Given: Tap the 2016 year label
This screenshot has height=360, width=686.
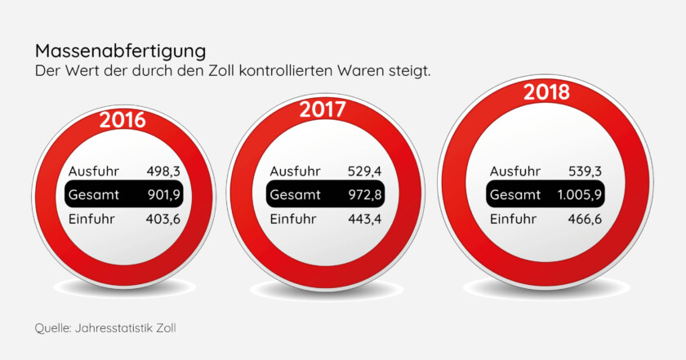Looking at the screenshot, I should coord(122,121).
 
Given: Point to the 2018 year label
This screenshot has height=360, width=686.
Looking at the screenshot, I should coord(546,92).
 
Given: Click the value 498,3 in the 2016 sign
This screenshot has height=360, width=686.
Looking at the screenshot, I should coord(163,171).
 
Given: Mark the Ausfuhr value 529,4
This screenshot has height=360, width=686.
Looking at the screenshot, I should coord(363,171).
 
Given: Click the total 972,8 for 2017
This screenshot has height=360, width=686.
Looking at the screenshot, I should coord(363,195).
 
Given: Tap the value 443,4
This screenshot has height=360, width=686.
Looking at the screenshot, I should coord(363,219).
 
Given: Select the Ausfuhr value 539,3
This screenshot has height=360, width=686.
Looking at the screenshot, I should coord(586,171).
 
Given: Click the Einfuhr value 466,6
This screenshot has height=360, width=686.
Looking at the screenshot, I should coord(586,219).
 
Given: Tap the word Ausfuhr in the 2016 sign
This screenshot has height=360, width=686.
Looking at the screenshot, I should coord(94,171).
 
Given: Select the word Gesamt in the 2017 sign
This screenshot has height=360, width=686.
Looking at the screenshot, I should coord(295,195).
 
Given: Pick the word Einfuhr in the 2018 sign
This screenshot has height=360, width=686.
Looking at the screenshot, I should coord(514,219).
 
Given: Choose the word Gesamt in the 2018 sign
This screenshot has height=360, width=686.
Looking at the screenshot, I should coord(515,195).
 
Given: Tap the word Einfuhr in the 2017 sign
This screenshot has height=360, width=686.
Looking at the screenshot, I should coord(294,219).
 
